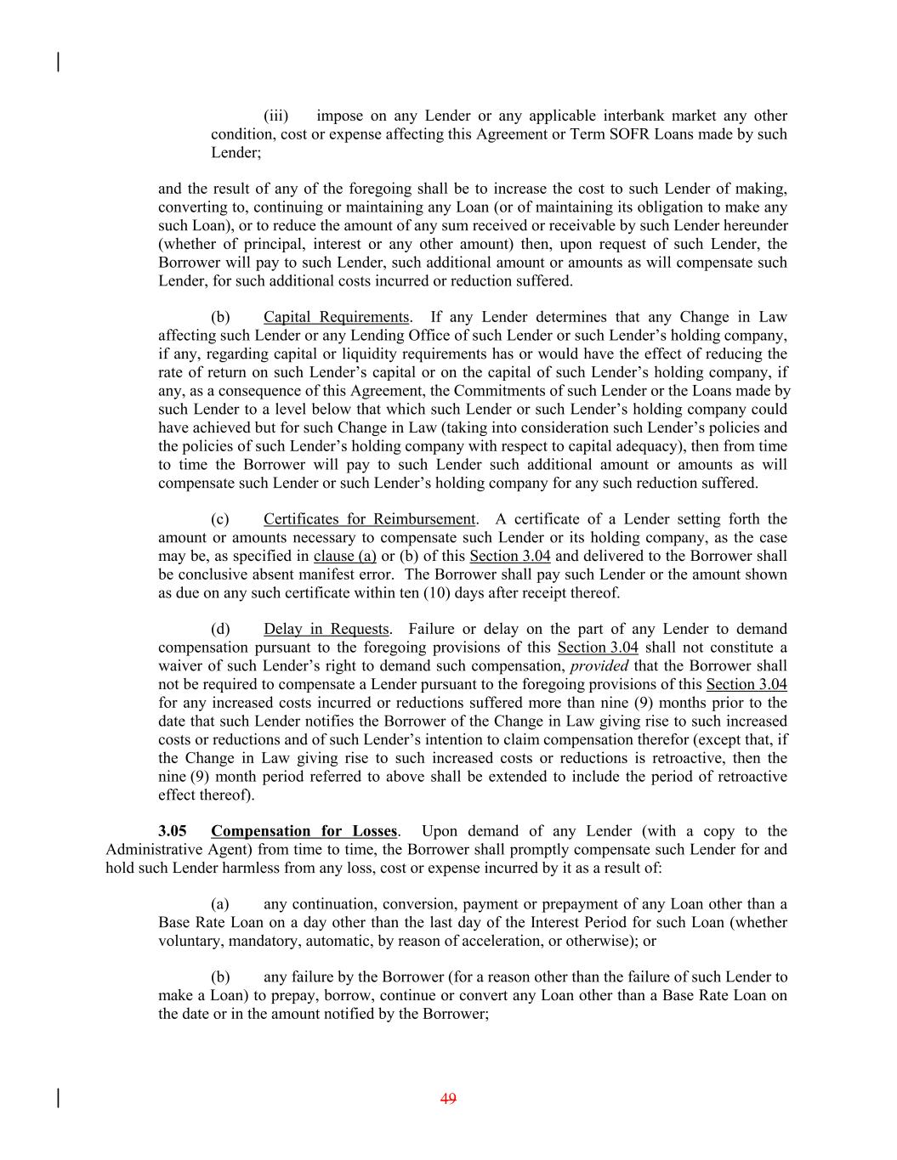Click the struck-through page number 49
click(449, 1099)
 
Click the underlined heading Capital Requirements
click(336, 317)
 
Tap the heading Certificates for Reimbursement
click(369, 519)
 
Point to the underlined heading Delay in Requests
click(326, 629)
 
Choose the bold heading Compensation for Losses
click(304, 831)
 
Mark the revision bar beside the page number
click(58, 1098)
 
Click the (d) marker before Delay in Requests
click(220, 629)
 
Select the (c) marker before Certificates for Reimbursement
click(220, 519)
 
